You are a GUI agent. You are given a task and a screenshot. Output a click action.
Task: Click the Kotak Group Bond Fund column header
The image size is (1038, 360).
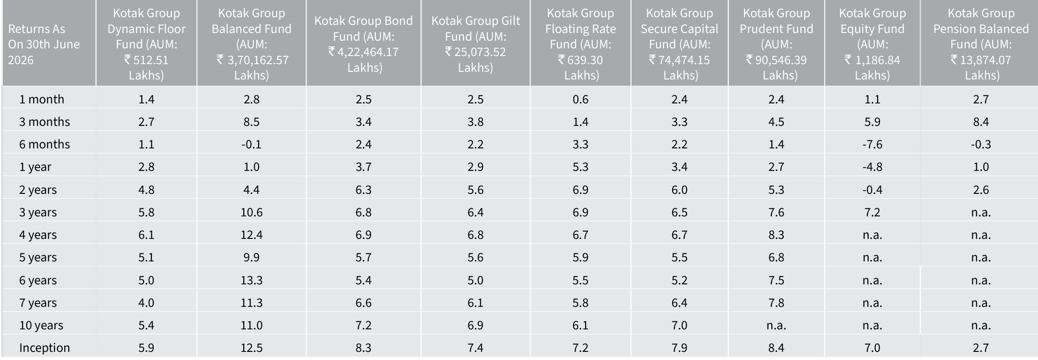pyautogui.click(x=363, y=44)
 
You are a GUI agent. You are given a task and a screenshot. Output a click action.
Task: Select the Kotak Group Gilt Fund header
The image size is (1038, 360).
pyautogui.click(x=475, y=44)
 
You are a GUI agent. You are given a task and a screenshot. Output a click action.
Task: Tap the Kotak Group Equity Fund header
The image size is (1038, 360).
pyautogui.click(x=872, y=44)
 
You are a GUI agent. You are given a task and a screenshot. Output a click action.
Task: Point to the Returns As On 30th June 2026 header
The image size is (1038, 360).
pyautogui.click(x=44, y=44)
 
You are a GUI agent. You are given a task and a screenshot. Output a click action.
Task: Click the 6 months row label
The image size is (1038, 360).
pyautogui.click(x=45, y=144)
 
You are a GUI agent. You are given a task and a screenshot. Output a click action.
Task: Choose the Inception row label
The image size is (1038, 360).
pyautogui.click(x=45, y=348)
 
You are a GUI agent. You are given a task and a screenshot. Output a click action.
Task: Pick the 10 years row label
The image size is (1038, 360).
pyautogui.click(x=41, y=326)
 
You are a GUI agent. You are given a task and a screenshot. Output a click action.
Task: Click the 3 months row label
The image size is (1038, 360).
pyautogui.click(x=45, y=122)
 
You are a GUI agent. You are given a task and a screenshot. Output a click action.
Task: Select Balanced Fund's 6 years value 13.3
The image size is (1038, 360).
pyautogui.click(x=251, y=280)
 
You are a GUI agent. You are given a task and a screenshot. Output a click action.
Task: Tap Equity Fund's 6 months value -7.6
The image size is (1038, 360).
pyautogui.click(x=872, y=144)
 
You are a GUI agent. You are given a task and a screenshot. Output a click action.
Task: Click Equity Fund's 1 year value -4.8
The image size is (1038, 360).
pyautogui.click(x=872, y=167)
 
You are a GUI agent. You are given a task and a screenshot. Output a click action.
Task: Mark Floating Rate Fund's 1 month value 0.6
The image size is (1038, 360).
pyautogui.click(x=580, y=99)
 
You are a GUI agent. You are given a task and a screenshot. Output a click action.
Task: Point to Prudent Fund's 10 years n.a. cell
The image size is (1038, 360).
pyautogui.click(x=776, y=326)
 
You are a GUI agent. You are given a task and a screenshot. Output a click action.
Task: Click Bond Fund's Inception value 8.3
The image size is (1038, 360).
pyautogui.click(x=363, y=348)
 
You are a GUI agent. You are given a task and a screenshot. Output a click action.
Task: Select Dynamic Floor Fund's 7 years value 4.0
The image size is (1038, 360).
pyautogui.click(x=146, y=303)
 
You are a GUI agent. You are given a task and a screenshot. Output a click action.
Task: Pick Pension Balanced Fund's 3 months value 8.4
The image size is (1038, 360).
pyautogui.click(x=981, y=122)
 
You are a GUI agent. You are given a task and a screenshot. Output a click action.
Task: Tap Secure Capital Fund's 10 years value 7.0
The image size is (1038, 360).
pyautogui.click(x=679, y=325)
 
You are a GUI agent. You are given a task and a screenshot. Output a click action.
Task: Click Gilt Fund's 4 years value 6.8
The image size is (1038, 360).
pyautogui.click(x=475, y=235)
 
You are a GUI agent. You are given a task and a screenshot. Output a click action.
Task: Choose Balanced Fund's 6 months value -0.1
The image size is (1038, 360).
pyautogui.click(x=251, y=144)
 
